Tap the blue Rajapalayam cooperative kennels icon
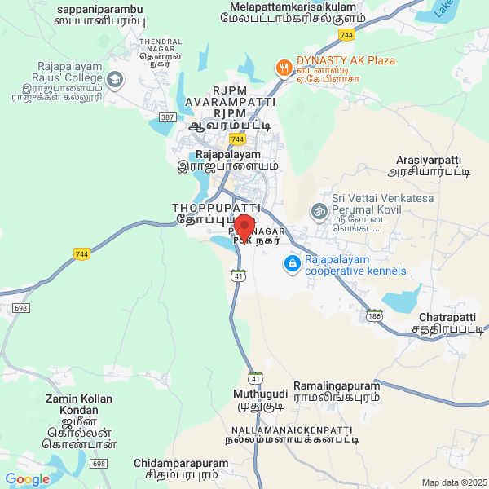coord(292,263)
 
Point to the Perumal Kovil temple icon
coord(318,211)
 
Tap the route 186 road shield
coord(374,315)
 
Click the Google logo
coord(27,479)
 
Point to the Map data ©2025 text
coord(453,482)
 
